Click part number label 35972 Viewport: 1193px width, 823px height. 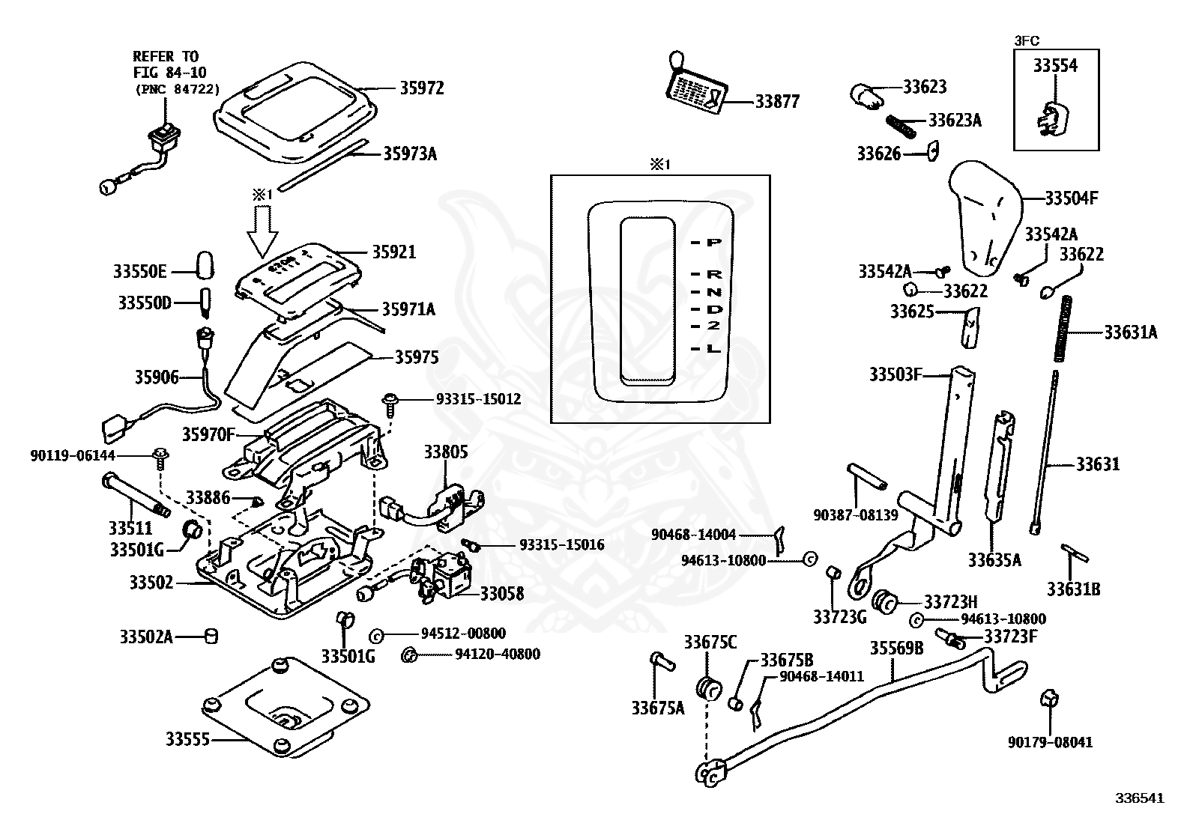tap(421, 88)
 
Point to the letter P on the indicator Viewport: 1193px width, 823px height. tap(713, 243)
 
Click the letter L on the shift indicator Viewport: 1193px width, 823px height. tap(713, 349)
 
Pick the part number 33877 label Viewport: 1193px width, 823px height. tap(777, 101)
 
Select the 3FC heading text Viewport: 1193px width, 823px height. tap(1028, 41)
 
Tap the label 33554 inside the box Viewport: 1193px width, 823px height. tap(1055, 66)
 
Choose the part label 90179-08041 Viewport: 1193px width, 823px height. tap(1050, 743)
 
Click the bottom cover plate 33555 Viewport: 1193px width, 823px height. tap(285, 708)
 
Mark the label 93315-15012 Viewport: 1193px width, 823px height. tap(478, 400)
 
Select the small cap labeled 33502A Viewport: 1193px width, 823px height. tap(212, 637)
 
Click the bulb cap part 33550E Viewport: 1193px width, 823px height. tap(205, 264)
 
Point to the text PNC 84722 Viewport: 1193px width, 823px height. tap(177, 89)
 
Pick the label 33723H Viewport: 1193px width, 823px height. tap(950, 602)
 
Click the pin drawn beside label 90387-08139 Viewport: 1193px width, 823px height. tap(867, 476)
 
